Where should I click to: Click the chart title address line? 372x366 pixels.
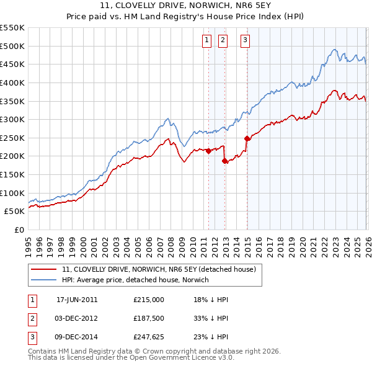(x=186, y=7)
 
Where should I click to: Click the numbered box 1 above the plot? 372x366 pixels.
(x=206, y=41)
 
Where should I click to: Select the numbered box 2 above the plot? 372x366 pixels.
(x=223, y=41)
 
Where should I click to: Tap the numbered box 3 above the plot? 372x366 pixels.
(x=245, y=41)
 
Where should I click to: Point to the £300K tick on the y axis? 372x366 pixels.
(x=12, y=119)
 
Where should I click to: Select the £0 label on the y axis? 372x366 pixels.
(x=18, y=230)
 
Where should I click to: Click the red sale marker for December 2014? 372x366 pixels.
(x=247, y=138)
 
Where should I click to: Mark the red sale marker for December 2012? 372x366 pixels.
(x=225, y=161)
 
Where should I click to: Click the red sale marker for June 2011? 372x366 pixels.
(x=208, y=150)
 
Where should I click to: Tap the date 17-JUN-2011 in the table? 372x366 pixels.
(x=77, y=300)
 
